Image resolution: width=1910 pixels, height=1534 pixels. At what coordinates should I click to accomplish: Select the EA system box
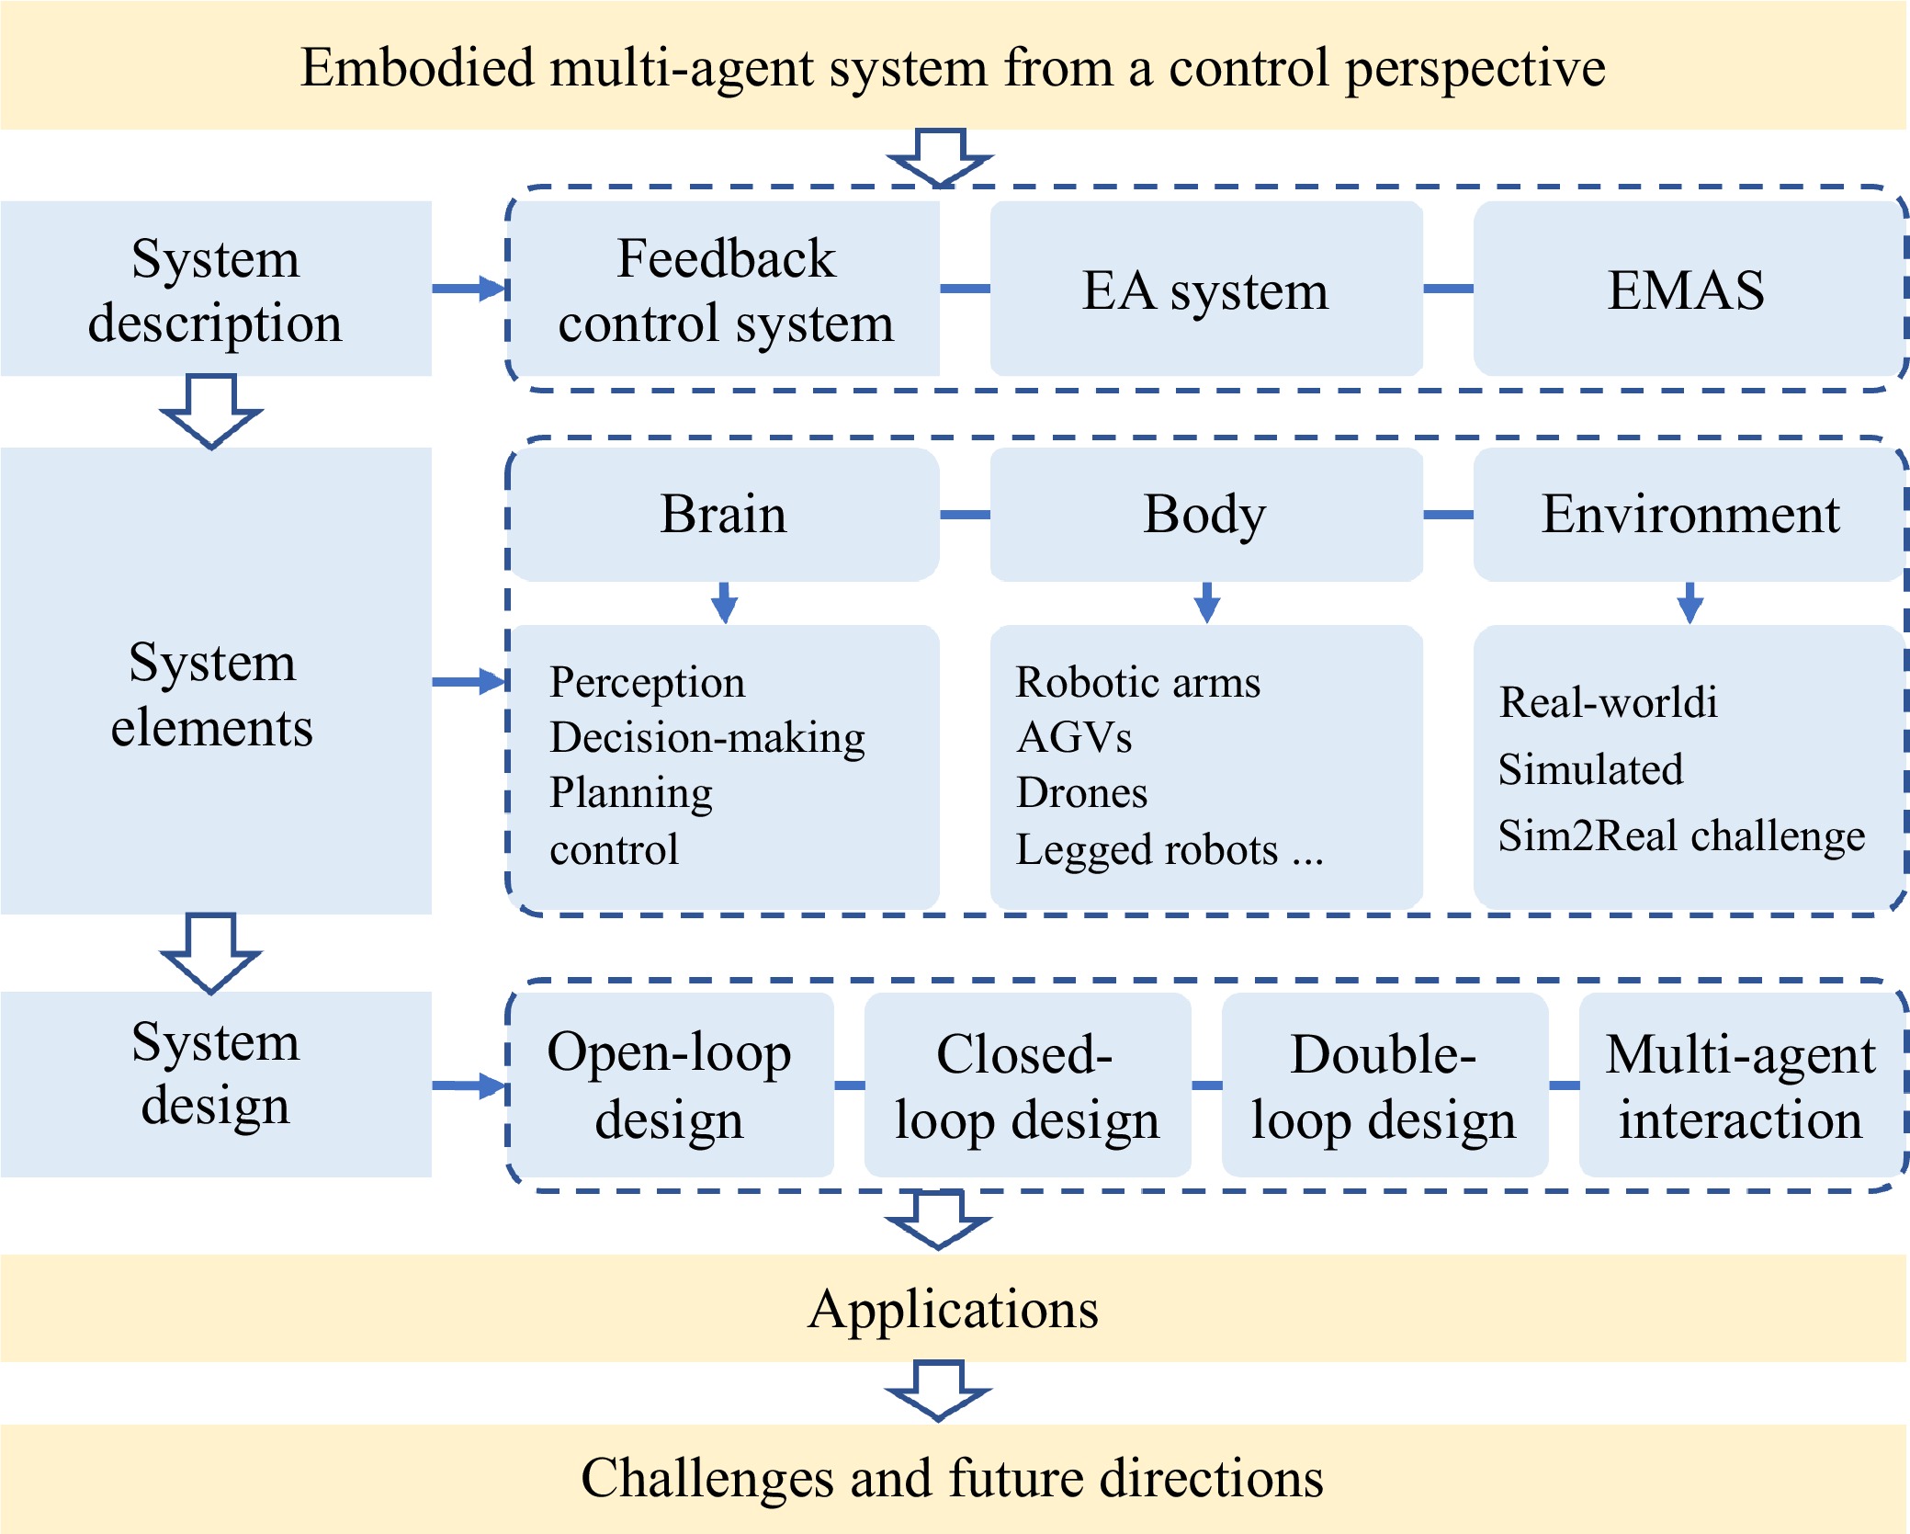[x=1206, y=289]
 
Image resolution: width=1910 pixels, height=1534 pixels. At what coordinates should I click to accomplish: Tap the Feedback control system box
[x=725, y=289]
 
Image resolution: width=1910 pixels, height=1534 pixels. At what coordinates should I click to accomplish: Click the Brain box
[x=725, y=514]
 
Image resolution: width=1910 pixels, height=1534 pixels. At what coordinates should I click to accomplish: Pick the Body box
[x=1206, y=514]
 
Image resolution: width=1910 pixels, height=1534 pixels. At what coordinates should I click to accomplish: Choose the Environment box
[x=1689, y=514]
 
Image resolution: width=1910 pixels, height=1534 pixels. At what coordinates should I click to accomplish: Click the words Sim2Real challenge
[x=1681, y=836]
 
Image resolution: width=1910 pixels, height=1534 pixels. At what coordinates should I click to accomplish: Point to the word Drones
[x=1081, y=792]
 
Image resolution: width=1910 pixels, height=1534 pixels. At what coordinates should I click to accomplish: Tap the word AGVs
[x=1074, y=737]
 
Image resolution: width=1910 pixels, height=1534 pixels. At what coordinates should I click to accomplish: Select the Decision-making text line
[x=707, y=738]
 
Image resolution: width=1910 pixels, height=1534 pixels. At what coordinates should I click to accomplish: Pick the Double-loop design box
[x=1384, y=1085]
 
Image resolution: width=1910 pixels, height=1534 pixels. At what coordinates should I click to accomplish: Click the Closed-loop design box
[x=1028, y=1085]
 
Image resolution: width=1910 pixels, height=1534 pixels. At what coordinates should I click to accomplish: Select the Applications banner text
[x=954, y=1309]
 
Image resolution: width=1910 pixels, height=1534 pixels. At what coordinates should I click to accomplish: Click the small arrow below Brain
[x=725, y=603]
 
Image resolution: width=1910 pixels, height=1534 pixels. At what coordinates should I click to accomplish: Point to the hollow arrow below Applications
[x=938, y=1391]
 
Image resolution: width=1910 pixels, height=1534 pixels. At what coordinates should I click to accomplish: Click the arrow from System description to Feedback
[x=469, y=289]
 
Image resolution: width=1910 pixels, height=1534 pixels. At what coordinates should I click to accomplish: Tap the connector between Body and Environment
[x=1448, y=515]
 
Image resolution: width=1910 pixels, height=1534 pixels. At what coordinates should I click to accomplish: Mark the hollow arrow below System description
[x=211, y=411]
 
